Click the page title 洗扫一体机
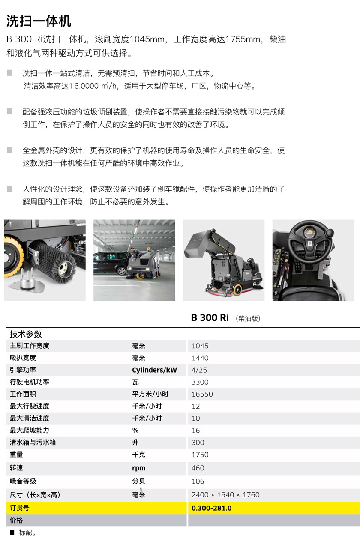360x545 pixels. pos(39,21)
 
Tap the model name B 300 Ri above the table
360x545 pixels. pos(210,318)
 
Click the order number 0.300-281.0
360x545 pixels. pos(211,508)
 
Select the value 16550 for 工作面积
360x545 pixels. pos(202,394)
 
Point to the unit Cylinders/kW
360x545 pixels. pos(154,370)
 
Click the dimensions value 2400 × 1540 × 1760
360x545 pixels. pos(225,495)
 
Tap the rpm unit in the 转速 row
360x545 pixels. pos(139,468)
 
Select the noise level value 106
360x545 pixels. pos(198,482)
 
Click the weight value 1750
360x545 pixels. pos(200,455)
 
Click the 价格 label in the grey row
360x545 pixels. pos(16,520)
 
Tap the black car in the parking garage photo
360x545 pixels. pos(110,263)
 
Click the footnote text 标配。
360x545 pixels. pos(27,533)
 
